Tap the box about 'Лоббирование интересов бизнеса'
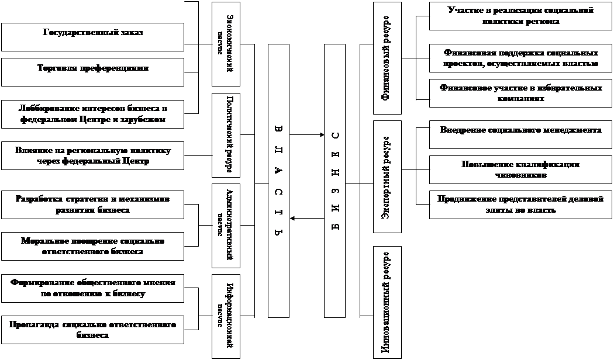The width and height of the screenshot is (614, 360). point(92,114)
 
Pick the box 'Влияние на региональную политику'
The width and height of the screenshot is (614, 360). point(92,156)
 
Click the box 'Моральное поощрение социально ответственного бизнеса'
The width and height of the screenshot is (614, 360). point(92,245)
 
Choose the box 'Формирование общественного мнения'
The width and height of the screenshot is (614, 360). point(92,288)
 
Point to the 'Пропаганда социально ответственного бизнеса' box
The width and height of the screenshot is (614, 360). point(92,330)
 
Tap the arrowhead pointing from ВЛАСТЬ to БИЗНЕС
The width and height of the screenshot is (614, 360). point(321,136)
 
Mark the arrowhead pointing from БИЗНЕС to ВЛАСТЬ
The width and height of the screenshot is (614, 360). point(292,219)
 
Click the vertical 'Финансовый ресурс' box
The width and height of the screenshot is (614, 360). point(387,58)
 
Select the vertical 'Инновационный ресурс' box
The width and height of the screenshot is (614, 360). point(387,302)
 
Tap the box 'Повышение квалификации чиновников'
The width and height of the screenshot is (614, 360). point(520,169)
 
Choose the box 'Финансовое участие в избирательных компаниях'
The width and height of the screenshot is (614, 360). point(520,93)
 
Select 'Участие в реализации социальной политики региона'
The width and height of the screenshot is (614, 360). point(520,16)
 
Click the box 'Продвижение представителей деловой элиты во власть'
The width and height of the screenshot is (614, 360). point(520,204)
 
